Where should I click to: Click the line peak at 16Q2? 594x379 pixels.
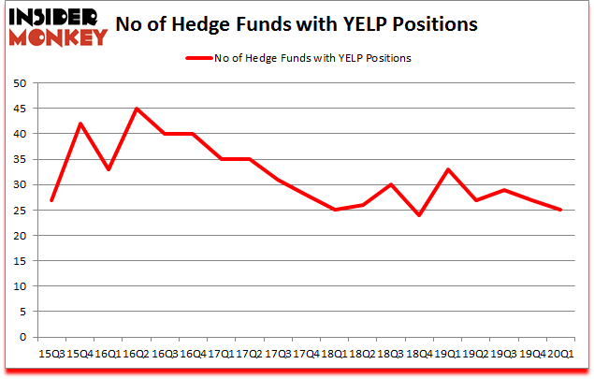(137, 109)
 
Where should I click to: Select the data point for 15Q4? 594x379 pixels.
(80, 124)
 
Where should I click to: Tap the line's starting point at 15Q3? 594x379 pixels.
(51, 200)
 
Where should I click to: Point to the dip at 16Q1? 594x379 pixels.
(109, 169)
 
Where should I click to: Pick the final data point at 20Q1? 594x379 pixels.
(560, 210)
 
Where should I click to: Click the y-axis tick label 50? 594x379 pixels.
(19, 83)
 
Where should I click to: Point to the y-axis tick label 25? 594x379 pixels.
(19, 211)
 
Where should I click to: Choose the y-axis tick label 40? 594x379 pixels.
(19, 134)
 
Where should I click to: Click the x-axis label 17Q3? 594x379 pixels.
(277, 353)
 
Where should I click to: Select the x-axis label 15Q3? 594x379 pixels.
(51, 353)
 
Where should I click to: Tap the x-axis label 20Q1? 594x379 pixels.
(559, 353)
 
